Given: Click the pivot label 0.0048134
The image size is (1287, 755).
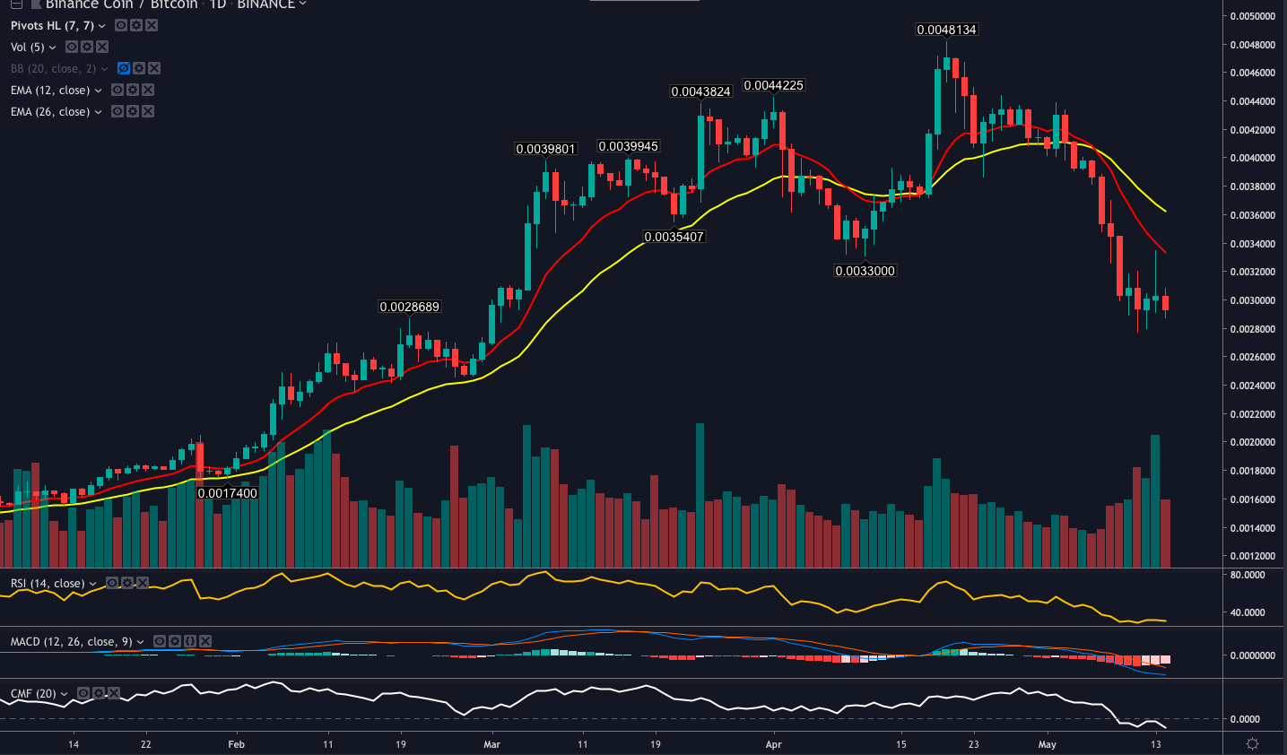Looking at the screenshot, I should click(x=946, y=30).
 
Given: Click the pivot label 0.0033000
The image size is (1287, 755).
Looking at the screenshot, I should click(x=865, y=271).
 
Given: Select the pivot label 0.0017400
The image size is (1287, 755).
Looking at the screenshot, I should click(x=227, y=493).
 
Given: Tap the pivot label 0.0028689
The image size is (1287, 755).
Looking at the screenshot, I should click(x=409, y=307).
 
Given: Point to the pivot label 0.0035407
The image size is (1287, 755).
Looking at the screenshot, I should click(x=674, y=237).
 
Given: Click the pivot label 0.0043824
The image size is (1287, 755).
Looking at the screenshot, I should click(x=700, y=91).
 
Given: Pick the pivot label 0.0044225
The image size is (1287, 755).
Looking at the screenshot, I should click(x=773, y=85).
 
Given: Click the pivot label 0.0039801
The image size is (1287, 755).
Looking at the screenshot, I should click(x=545, y=149).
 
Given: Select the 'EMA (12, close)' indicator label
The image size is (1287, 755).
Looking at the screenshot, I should click(x=50, y=91).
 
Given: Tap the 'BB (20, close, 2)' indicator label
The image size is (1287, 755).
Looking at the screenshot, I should click(x=53, y=69).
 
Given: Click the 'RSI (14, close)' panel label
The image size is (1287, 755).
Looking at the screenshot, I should click(x=48, y=584).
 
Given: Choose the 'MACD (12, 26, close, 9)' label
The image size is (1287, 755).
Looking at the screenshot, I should click(x=71, y=642).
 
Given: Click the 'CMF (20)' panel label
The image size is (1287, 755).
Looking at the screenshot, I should click(x=33, y=694).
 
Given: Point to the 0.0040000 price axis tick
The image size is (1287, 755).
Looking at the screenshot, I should click(x=1252, y=159).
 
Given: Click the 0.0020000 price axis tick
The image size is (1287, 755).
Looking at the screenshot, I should click(x=1252, y=443).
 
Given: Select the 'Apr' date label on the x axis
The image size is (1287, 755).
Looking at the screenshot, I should click(x=774, y=744).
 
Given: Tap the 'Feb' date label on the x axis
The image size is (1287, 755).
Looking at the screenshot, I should click(x=236, y=744).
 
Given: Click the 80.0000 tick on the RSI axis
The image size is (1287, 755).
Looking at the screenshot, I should click(x=1248, y=575).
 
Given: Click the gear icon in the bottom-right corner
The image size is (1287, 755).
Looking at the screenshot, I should click(x=1253, y=744).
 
